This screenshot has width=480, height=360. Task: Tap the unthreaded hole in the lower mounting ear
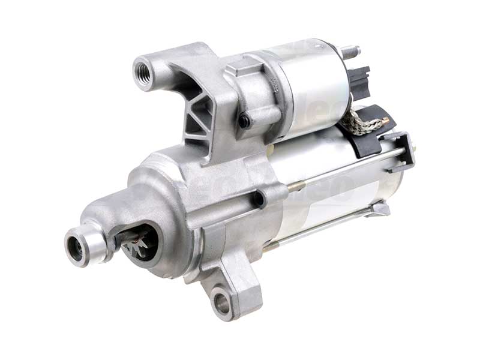(222, 303)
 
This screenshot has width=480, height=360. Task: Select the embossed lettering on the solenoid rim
(274, 84)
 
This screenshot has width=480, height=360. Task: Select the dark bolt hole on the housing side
(258, 199)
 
